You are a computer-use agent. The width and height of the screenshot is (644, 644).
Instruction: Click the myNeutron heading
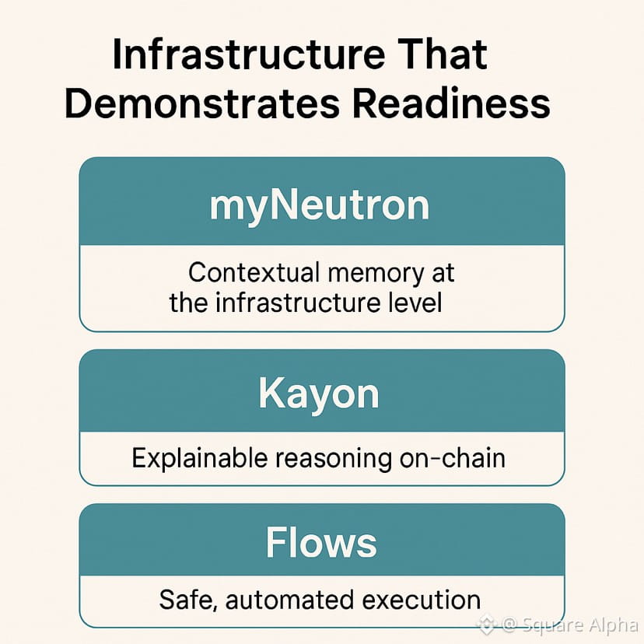tap(320, 205)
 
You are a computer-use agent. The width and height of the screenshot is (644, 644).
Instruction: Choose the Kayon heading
tap(319, 394)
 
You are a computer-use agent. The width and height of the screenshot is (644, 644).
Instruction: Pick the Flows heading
tap(320, 542)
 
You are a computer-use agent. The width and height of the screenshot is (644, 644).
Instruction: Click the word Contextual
tap(254, 273)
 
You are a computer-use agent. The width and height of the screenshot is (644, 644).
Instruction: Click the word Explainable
tap(200, 458)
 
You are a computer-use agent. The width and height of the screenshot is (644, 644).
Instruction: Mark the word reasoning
tap(335, 458)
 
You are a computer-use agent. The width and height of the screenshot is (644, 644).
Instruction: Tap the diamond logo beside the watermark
tap(487, 624)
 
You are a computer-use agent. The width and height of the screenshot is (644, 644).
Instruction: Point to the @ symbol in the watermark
tap(510, 625)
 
